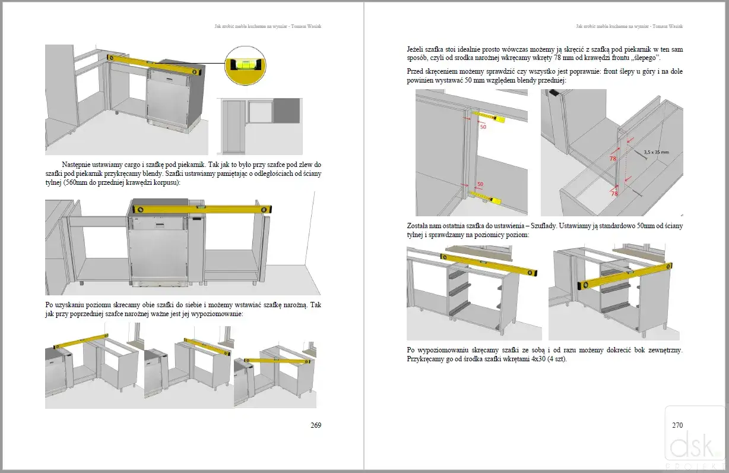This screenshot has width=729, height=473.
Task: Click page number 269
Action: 316,425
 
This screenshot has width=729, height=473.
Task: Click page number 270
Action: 677,425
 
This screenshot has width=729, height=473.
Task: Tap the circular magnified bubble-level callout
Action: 246,65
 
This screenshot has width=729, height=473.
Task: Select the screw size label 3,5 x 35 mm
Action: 657,152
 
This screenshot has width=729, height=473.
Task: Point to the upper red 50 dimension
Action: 483,127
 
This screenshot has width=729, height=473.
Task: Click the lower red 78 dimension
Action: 614,194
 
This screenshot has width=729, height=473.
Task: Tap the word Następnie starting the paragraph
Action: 78,165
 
